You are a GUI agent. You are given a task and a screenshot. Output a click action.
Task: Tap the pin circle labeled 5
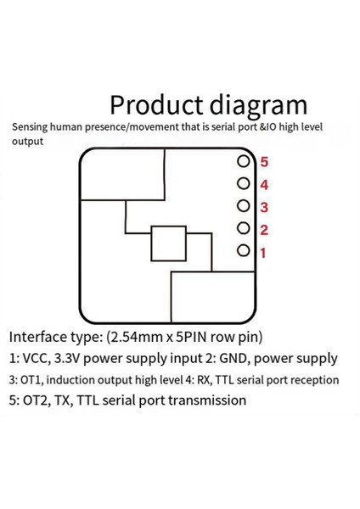pos(244,161)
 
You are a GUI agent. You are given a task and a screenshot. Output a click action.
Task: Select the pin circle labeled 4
pos(244,184)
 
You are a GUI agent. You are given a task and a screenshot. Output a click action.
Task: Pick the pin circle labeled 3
pos(244,206)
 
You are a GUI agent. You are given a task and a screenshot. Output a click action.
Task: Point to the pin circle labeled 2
pos(244,229)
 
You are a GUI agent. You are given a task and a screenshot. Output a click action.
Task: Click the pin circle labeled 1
pos(244,251)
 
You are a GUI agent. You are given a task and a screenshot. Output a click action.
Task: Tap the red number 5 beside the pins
pos(264,161)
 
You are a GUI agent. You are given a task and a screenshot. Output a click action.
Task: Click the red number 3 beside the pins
pos(264,207)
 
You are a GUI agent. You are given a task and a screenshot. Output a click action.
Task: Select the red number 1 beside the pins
pos(263,252)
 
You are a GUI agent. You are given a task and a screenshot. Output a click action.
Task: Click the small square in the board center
pos(168,244)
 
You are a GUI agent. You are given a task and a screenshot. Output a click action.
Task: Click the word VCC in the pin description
pos(37,359)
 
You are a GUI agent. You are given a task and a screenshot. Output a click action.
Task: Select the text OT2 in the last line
pos(37,400)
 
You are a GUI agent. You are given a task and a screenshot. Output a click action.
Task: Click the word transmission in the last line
pos(204,400)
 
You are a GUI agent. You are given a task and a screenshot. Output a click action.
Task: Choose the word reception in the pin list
pos(312,381)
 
